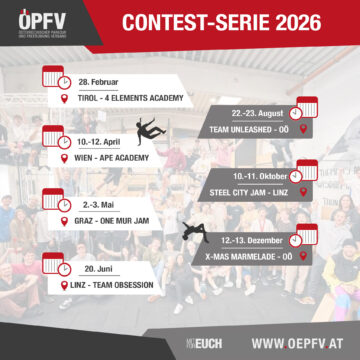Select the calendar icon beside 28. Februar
pos(63,80)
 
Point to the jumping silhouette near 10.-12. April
pos(150,131)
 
